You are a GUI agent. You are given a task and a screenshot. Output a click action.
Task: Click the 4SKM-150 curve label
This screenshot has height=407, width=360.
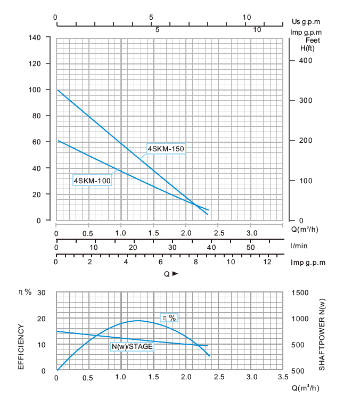click(166, 148)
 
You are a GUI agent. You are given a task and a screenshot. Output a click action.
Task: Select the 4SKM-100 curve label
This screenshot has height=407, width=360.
click(92, 181)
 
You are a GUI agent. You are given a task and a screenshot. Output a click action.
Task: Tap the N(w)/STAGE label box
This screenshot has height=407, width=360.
click(132, 347)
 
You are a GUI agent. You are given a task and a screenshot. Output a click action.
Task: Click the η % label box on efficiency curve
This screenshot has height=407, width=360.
click(169, 318)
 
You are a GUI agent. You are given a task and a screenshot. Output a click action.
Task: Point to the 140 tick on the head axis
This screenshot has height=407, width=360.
click(35, 38)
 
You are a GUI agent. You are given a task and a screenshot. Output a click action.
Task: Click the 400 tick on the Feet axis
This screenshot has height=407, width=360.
click(305, 61)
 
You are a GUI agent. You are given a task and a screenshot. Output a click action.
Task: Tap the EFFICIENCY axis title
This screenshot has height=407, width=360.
click(21, 347)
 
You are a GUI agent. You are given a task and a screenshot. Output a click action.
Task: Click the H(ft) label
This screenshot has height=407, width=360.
click(307, 48)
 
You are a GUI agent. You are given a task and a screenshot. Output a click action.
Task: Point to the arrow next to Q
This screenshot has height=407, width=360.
click(175, 274)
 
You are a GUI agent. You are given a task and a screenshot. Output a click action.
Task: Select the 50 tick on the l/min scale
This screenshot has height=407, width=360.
click(251, 247)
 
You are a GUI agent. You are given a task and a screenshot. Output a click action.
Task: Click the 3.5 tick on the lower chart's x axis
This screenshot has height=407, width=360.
click(283, 377)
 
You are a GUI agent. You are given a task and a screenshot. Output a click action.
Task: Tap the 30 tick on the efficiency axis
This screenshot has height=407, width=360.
click(41, 292)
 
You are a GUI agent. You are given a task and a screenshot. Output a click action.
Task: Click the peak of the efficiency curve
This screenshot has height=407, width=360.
click(138, 321)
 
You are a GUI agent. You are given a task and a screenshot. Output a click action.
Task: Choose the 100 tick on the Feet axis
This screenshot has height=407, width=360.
click(305, 181)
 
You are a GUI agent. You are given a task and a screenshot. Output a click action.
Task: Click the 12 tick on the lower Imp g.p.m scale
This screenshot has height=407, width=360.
click(266, 262)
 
